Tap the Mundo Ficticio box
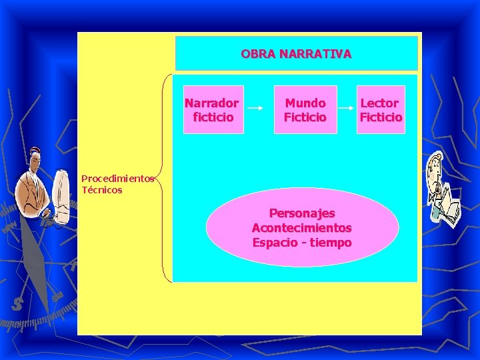[305, 110]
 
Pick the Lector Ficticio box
[381, 110]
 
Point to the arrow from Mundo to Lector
[347, 109]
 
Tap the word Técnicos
[102, 190]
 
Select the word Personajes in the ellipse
[301, 213]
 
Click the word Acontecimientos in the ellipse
[301, 228]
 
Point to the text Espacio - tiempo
[301, 243]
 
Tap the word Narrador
[212, 103]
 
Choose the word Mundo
[305, 103]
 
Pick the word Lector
[380, 103]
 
